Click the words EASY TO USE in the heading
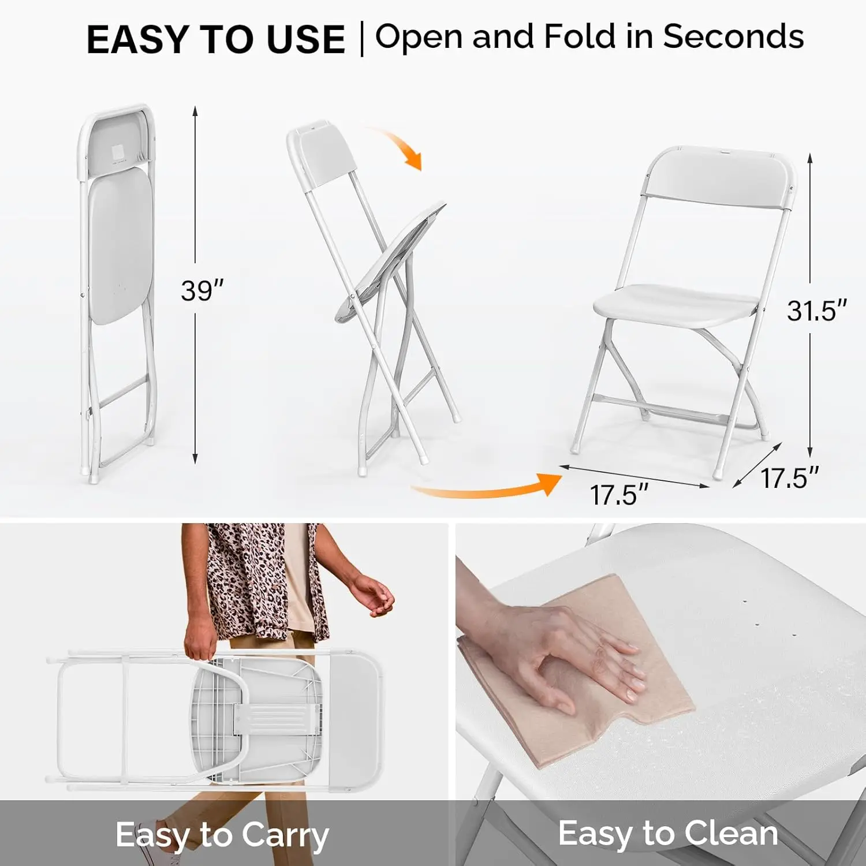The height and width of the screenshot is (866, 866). point(215,40)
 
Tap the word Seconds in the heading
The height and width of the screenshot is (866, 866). point(733,36)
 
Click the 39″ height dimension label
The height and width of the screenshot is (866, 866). point(201,290)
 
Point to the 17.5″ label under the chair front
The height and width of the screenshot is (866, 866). point(618,495)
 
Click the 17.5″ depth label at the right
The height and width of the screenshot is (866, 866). point(789,479)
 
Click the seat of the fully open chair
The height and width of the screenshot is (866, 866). point(675,303)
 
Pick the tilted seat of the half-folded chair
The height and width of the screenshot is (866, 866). point(393,260)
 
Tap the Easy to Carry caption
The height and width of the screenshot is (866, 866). point(222,835)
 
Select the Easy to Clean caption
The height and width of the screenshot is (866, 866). point(668,834)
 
